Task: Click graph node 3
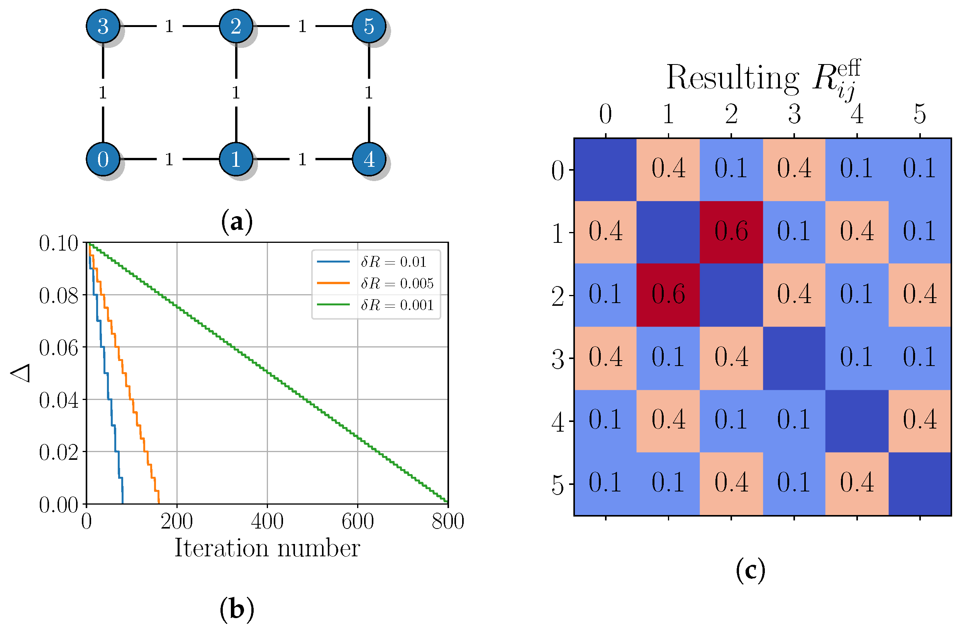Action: [x=103, y=26]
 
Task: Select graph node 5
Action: [x=369, y=26]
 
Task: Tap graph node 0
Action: [x=103, y=159]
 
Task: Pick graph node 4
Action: [x=369, y=159]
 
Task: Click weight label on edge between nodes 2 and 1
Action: [x=236, y=93]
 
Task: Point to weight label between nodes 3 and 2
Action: [x=169, y=27]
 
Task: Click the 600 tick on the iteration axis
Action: [x=358, y=521]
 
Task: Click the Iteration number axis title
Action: [x=267, y=548]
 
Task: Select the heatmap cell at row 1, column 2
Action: [x=731, y=232]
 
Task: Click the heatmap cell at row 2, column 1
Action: [x=668, y=295]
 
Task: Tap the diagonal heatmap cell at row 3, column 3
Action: [x=794, y=358]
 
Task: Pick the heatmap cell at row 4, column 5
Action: [x=919, y=421]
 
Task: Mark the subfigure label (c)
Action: [x=750, y=570]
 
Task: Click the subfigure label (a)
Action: [x=237, y=222]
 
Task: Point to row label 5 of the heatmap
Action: [x=558, y=484]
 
